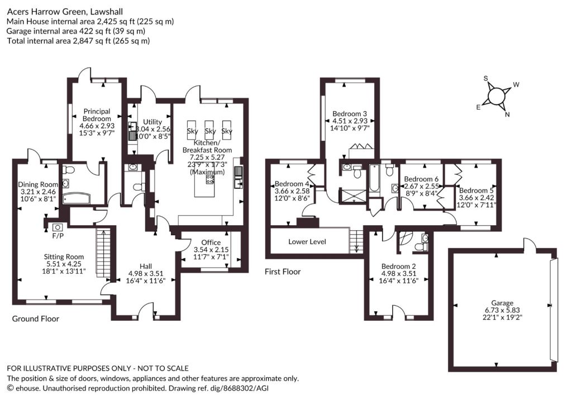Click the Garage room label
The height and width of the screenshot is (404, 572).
coord(502,303)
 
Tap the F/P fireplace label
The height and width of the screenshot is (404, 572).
coord(58,236)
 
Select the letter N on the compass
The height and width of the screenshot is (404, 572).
coord(507,114)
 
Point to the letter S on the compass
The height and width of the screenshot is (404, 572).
coord(485,78)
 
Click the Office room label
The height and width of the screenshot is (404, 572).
coord(211,243)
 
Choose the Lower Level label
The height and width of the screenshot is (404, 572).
coord(307,241)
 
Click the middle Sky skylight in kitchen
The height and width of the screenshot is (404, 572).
coord(210,131)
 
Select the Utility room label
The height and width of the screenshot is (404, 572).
coord(152,122)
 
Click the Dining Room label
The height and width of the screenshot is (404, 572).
coord(38,184)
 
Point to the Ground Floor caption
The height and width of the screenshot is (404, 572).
coord(36,319)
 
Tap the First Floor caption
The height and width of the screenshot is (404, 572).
coord(283,272)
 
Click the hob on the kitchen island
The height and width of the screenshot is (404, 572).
coord(210,179)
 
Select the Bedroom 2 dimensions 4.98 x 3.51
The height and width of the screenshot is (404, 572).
coord(399,273)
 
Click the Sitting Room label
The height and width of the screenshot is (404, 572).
coord(64,256)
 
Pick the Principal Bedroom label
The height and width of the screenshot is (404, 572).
coord(97,115)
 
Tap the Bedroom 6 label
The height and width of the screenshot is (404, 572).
coord(421,179)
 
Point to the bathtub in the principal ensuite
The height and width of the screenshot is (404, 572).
coord(76,198)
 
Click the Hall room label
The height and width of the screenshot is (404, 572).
coord(146,267)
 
